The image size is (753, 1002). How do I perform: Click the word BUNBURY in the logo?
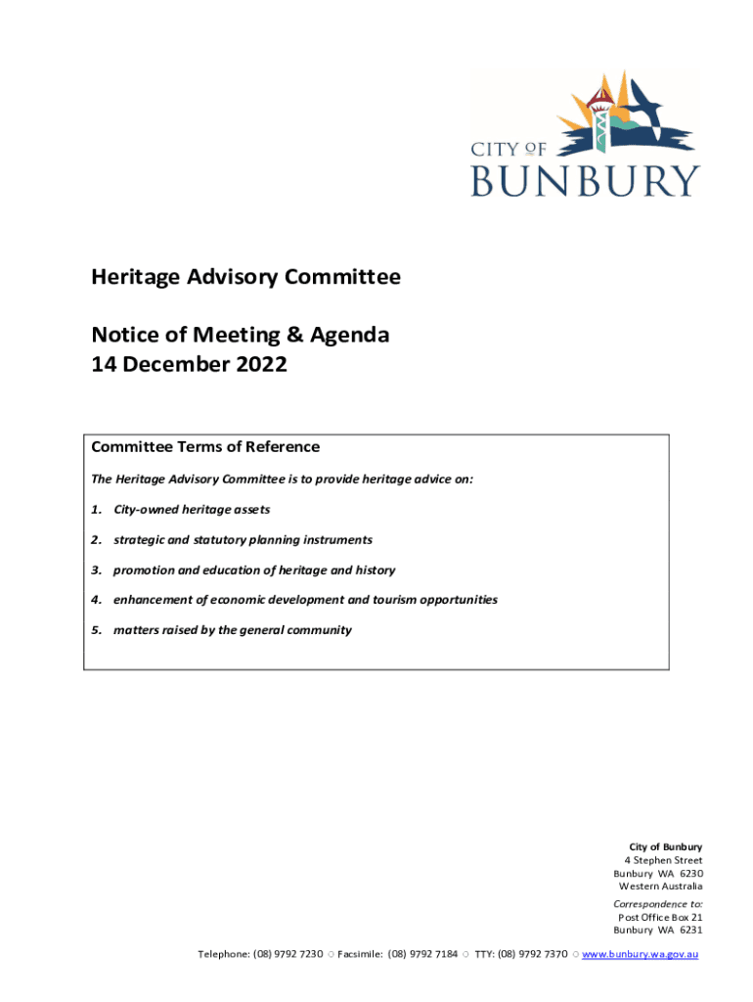[x=585, y=180]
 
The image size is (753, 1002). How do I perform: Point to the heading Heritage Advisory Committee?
[x=245, y=277]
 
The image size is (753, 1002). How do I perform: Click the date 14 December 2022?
[x=189, y=365]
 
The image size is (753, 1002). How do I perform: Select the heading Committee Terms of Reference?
[x=205, y=447]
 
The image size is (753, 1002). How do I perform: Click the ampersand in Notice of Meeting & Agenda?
[x=293, y=336]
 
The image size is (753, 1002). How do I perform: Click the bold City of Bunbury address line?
[x=665, y=846]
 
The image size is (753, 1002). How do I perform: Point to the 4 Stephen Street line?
[x=663, y=860]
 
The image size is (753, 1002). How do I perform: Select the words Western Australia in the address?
[x=660, y=887]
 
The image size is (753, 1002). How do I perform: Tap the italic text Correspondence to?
[x=657, y=904]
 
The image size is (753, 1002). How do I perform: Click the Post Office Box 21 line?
[x=660, y=917]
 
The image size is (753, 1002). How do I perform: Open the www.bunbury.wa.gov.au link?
[x=640, y=954]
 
